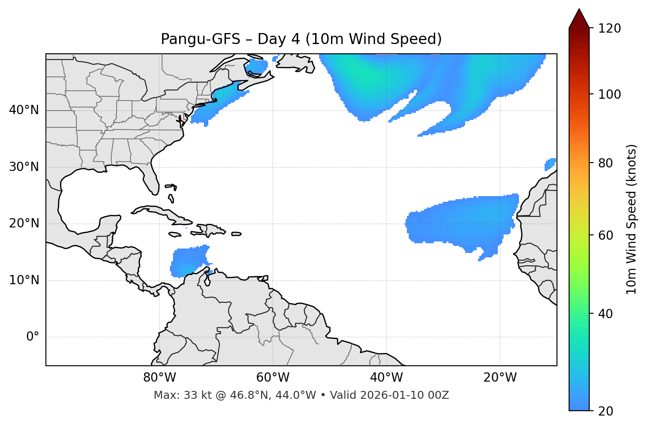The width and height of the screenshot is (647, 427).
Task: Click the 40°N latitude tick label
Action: tap(24, 110)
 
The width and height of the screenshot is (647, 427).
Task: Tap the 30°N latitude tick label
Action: tap(24, 167)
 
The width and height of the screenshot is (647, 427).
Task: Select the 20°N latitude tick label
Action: tap(24, 223)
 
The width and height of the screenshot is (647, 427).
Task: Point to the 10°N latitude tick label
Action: tap(24, 280)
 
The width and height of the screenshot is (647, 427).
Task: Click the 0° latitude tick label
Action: tap(33, 337)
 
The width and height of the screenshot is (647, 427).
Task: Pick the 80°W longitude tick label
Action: tap(159, 378)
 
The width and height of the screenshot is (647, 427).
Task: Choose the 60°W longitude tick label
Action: tap(273, 378)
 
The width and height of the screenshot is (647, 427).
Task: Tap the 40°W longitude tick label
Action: tap(387, 378)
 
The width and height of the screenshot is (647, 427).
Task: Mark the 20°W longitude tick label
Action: tap(500, 378)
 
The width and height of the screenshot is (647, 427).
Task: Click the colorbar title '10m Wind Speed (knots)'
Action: tap(632, 219)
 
